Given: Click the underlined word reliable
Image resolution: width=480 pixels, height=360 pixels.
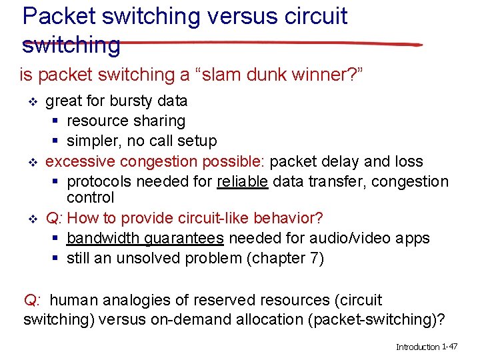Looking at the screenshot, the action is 243,181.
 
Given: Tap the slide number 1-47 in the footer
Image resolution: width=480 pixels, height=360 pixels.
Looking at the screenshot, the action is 447,347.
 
